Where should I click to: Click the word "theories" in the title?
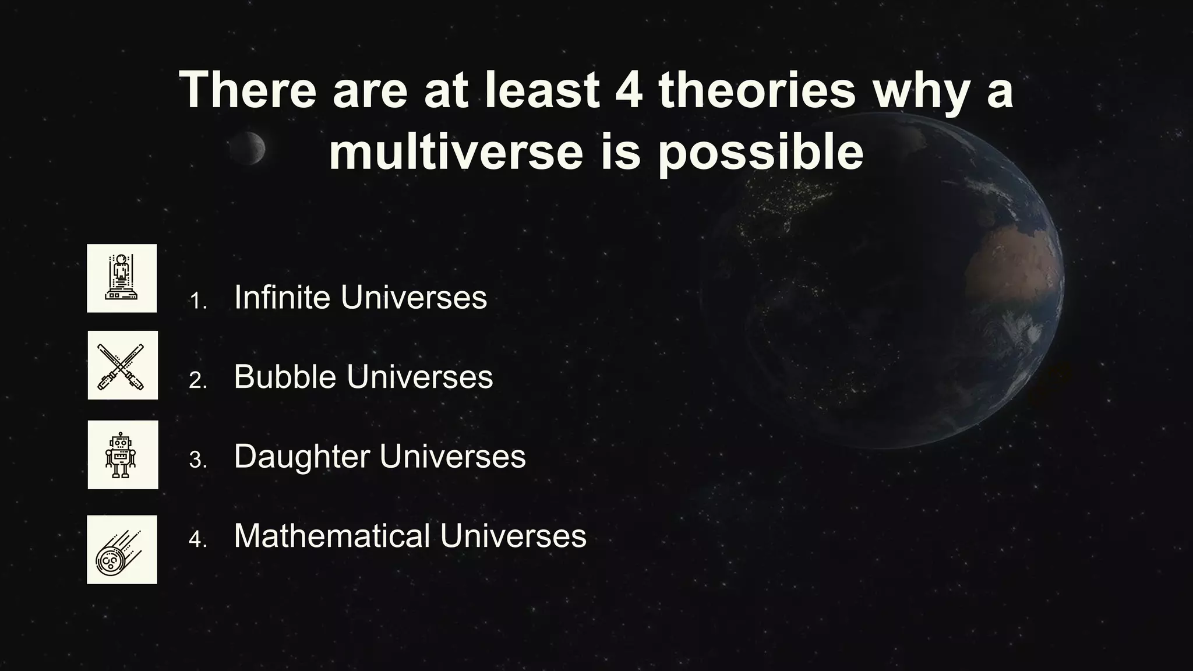coord(757,90)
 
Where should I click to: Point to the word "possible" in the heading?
coord(761,153)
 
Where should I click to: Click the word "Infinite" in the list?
coord(282,297)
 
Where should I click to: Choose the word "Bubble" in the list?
coord(285,376)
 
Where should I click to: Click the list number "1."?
coord(199,301)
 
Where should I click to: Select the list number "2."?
coord(198,381)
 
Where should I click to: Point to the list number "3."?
coord(198,460)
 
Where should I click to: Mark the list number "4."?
coord(198,539)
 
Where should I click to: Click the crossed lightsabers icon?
coord(122,365)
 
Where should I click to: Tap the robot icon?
coord(122,455)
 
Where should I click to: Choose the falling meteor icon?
coord(122,550)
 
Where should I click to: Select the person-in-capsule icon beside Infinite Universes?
coord(122,278)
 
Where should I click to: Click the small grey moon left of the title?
coord(247,148)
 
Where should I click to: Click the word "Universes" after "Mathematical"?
coord(513,535)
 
